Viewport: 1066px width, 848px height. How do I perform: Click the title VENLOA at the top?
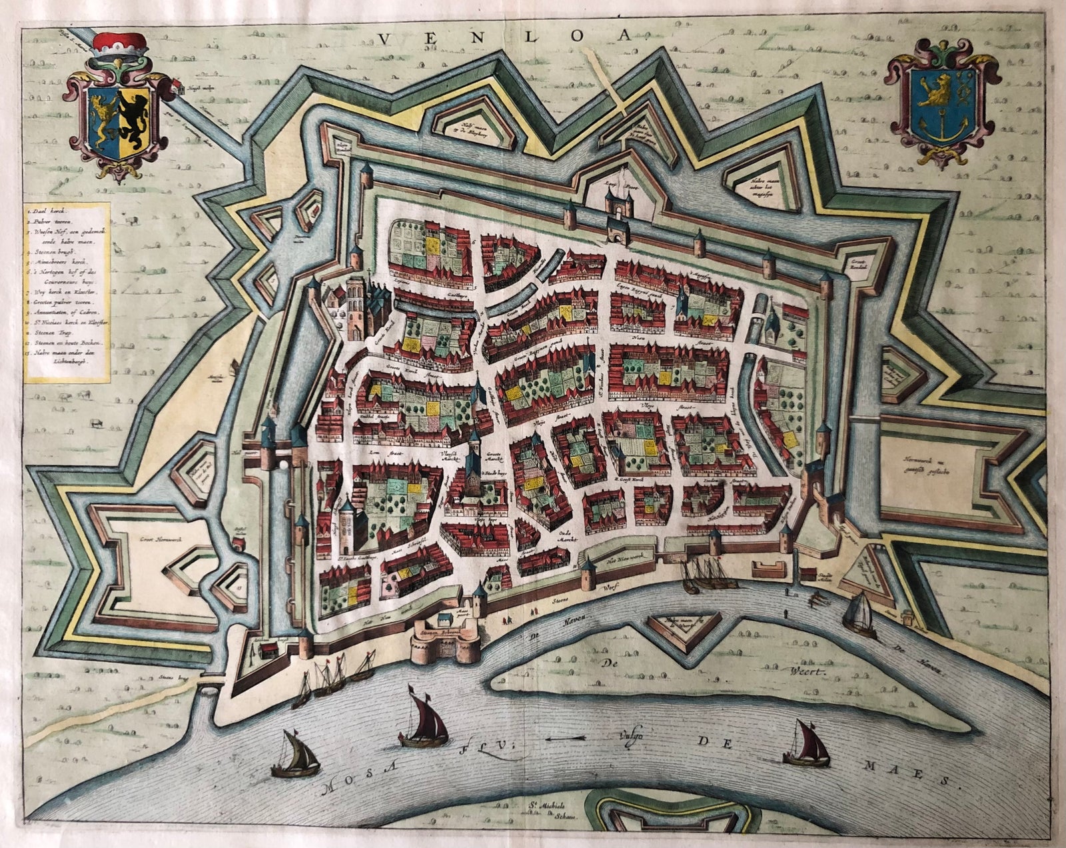pyautogui.click(x=504, y=37)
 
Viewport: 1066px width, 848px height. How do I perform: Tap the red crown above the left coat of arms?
pyautogui.click(x=122, y=45)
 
